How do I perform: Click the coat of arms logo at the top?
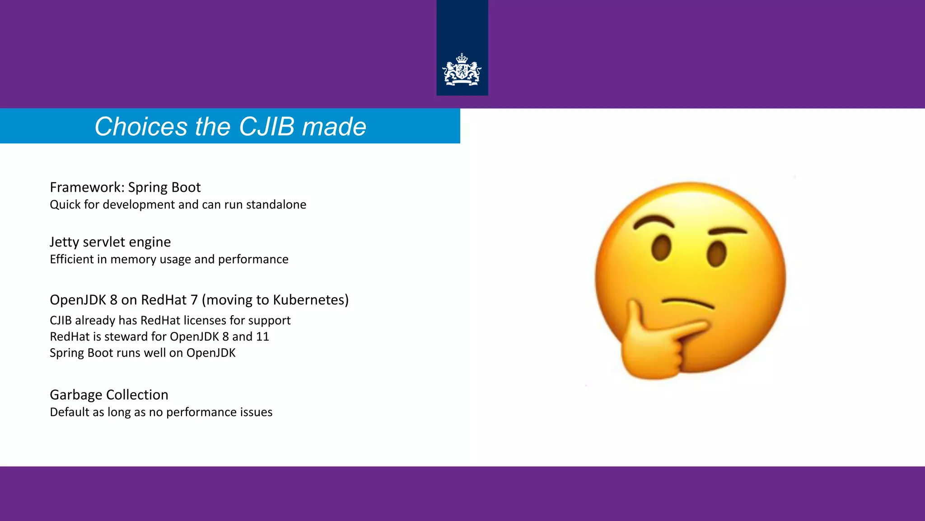point(462,70)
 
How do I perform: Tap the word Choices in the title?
point(141,126)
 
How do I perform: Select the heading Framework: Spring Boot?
point(125,187)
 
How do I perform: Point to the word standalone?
point(276,205)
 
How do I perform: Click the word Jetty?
point(64,242)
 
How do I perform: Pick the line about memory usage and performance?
point(169,260)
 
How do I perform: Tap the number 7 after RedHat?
point(194,300)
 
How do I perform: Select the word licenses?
point(205,320)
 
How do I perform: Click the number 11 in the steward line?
point(262,336)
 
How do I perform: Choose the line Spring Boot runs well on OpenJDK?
point(143,353)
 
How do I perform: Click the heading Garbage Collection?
point(109,395)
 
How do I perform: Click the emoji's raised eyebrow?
point(653,221)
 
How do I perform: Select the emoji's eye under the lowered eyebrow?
point(717,254)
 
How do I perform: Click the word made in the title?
point(334,126)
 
